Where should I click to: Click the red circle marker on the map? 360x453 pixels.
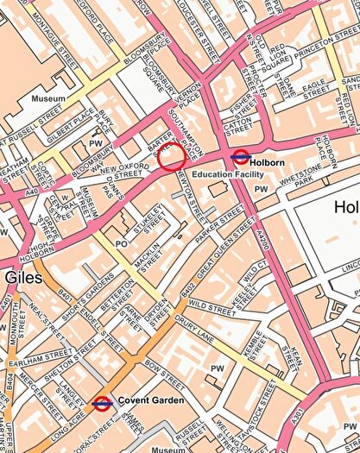172,157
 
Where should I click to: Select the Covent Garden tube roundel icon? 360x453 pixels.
102,401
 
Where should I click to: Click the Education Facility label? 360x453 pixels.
229,175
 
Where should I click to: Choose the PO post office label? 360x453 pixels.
122,245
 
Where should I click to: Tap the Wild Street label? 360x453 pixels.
211,305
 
